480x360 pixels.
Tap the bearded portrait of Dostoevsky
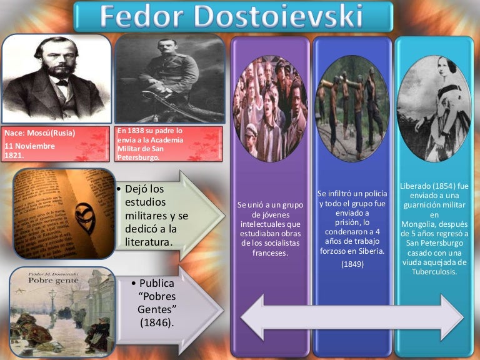(56, 78)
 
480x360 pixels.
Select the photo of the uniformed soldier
(169, 78)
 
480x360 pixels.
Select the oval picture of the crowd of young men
(271, 109)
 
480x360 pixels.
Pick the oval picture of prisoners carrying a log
(352, 109)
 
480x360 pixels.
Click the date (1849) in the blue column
(352, 264)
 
